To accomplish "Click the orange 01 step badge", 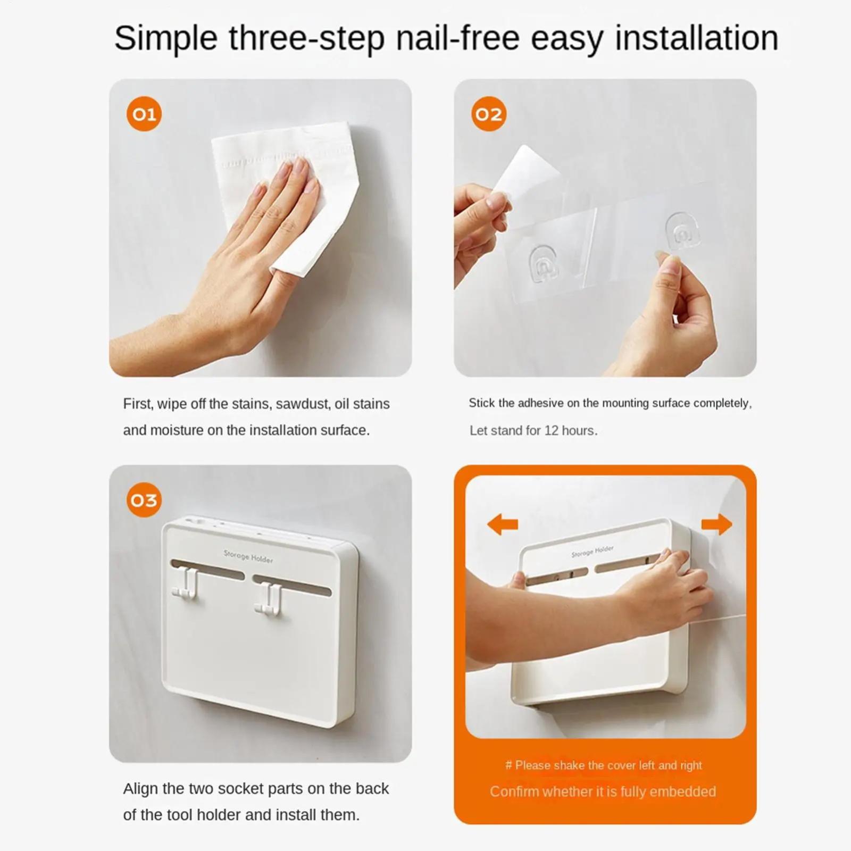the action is coord(144,114).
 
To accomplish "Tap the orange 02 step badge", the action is coord(489,114).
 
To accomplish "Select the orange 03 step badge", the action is coord(144,500).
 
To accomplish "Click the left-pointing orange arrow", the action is coord(503,524).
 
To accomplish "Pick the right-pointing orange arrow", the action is coord(716,524).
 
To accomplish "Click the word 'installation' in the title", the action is coord(697,38).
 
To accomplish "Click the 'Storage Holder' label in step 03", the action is coord(248,556).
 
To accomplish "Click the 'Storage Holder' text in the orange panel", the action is coord(593,552).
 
